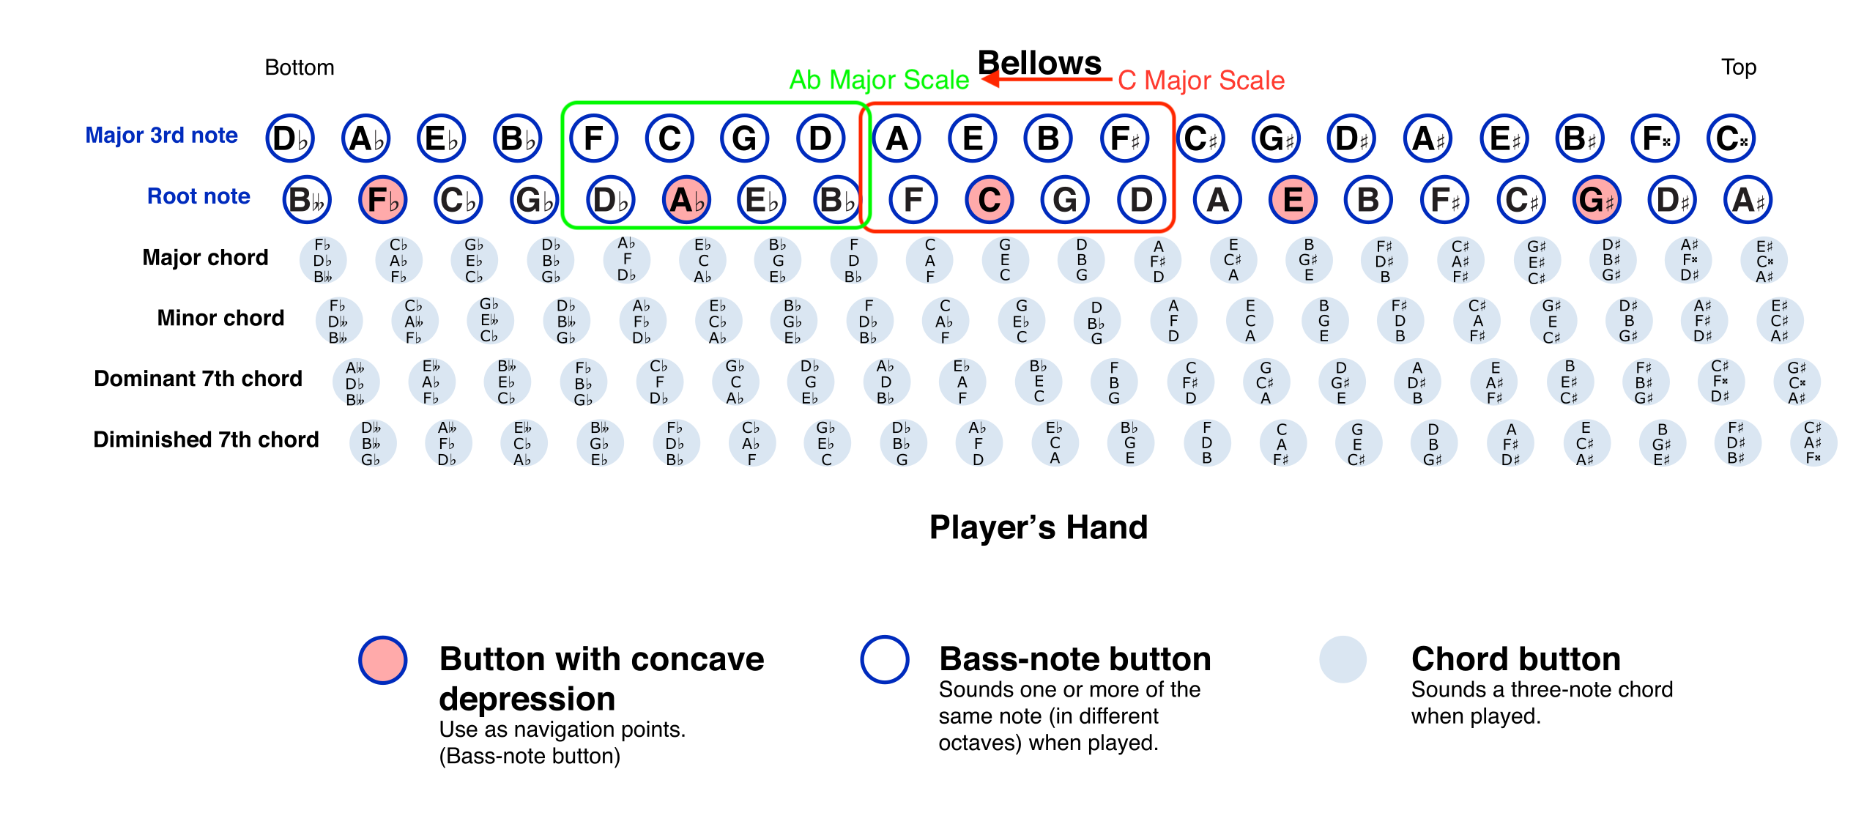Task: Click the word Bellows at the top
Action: tap(1039, 63)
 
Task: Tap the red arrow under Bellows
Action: tap(1047, 78)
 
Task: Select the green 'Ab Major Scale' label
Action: tap(879, 80)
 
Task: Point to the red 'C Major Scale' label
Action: tap(1201, 81)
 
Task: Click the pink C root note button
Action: tap(990, 199)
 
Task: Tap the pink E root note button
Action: tap(1293, 199)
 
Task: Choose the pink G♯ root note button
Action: tap(1597, 199)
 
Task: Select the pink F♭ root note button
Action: tap(383, 199)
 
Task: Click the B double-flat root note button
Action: tap(307, 199)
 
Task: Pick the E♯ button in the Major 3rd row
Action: tap(1504, 138)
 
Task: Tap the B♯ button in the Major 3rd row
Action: tap(1580, 138)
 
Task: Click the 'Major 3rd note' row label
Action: tap(162, 136)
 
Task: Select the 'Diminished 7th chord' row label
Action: tap(206, 439)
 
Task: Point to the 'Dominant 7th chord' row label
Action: tap(198, 379)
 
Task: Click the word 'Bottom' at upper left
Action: tap(300, 67)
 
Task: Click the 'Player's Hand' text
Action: tap(1039, 528)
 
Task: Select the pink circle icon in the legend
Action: tap(383, 660)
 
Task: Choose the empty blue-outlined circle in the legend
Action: tap(885, 659)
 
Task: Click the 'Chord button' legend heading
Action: tap(1516, 659)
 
